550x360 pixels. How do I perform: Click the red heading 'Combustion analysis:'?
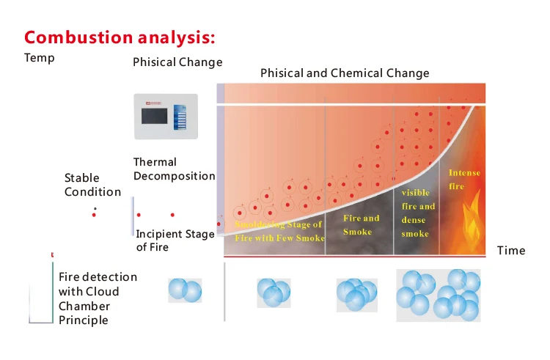coord(120,37)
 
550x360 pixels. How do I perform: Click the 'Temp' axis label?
coord(39,58)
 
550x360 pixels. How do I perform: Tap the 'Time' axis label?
coord(511,251)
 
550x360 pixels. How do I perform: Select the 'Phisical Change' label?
coord(177,62)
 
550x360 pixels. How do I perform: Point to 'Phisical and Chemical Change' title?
coord(345,73)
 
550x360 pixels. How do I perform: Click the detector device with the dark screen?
coord(167,116)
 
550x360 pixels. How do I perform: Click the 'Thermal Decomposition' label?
coord(174,169)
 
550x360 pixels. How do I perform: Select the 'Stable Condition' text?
coord(92,185)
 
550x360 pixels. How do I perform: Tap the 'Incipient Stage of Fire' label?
coord(175,240)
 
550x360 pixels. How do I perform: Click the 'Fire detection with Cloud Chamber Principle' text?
coord(98,298)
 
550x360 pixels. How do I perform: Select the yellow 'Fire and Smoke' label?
coord(362,225)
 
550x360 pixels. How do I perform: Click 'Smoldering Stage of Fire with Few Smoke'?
coord(278,231)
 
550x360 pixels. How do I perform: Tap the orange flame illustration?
coord(470,217)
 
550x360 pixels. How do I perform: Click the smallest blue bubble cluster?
coord(184,290)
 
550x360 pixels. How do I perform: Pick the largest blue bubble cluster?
coord(439,295)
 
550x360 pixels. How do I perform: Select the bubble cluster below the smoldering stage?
coord(274,293)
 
